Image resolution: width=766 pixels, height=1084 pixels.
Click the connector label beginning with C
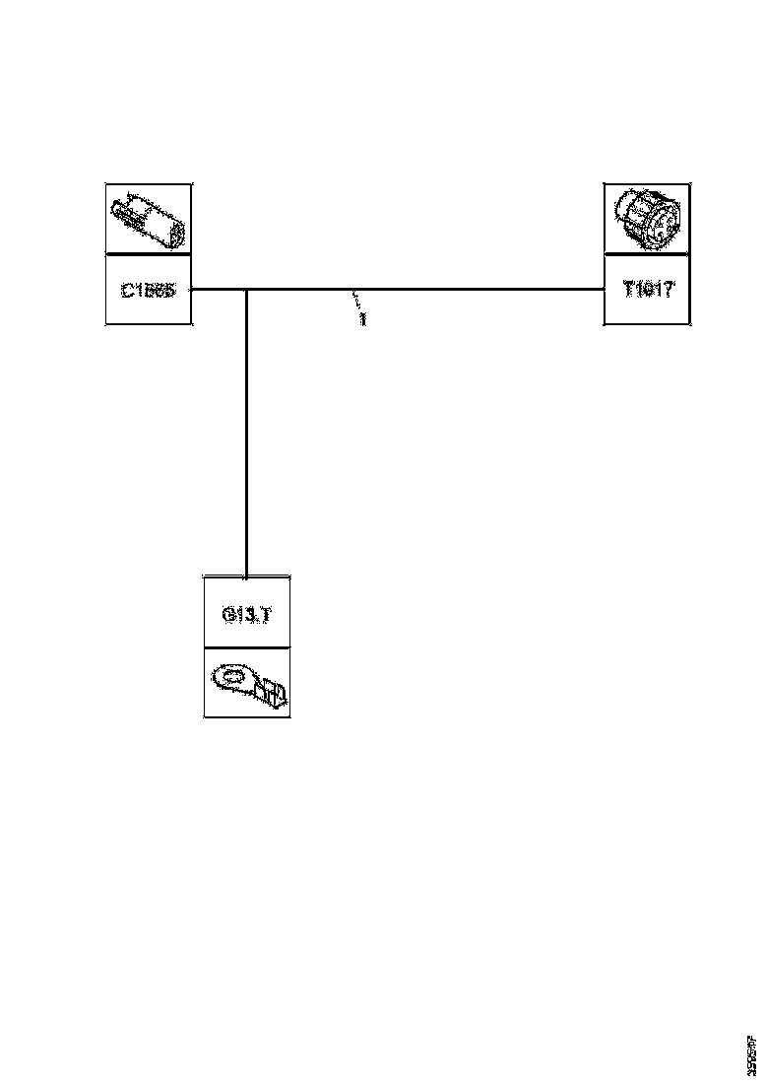point(148,291)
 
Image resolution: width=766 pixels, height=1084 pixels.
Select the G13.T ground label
point(246,614)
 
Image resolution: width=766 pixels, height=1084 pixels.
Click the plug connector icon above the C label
point(148,219)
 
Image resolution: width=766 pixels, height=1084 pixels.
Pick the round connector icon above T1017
point(646,219)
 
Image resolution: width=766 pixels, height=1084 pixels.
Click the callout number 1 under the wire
point(362,320)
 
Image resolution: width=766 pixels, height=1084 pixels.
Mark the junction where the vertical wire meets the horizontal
point(245,290)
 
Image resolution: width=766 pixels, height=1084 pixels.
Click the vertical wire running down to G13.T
point(245,434)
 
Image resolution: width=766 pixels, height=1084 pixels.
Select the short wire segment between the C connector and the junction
point(219,290)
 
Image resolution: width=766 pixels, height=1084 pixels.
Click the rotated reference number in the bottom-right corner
point(751,1055)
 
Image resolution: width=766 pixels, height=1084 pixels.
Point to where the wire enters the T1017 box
point(604,290)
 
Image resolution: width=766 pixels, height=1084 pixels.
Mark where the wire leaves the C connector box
point(192,290)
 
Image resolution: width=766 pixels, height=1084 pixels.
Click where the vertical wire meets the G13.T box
point(245,576)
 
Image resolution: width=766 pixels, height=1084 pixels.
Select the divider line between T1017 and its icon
point(646,254)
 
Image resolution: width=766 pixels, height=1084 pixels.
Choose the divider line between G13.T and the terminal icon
point(246,647)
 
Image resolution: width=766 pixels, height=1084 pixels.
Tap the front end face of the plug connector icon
point(175,236)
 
